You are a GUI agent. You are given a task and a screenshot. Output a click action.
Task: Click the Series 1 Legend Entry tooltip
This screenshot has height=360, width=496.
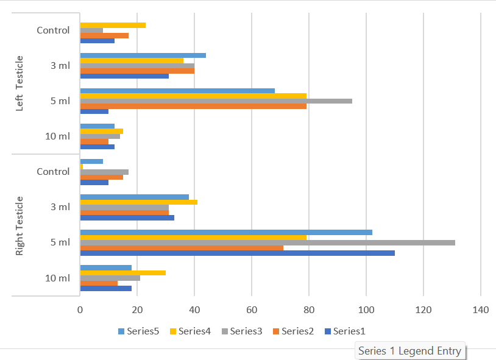[409, 351]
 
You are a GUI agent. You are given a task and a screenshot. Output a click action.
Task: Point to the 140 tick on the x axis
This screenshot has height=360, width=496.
[481, 310]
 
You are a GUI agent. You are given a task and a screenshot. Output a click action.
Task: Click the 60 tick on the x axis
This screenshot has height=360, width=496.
[252, 310]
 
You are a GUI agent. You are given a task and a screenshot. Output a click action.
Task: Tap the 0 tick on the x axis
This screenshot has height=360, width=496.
[80, 310]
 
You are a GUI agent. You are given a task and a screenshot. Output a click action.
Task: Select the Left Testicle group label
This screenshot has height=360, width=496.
[19, 83]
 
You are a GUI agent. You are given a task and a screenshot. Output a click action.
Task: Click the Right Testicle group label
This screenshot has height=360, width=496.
[19, 225]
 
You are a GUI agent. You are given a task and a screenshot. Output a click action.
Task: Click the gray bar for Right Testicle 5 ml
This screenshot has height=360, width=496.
[267, 242]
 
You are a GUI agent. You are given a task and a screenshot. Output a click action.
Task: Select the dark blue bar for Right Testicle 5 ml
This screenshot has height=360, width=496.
[237, 253]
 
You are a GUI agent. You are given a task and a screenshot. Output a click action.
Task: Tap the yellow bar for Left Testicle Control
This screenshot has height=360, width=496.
[113, 25]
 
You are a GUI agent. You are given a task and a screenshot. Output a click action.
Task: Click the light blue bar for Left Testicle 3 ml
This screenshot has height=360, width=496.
[143, 55]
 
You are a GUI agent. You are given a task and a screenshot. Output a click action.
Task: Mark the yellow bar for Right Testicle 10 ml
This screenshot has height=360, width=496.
[122, 273]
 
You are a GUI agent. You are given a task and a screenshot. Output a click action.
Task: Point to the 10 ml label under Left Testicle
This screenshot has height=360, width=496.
[57, 136]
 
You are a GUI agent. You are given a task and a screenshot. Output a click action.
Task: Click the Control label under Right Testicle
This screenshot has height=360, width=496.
[53, 172]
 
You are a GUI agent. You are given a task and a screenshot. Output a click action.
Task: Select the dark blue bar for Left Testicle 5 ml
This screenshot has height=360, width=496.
[94, 111]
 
